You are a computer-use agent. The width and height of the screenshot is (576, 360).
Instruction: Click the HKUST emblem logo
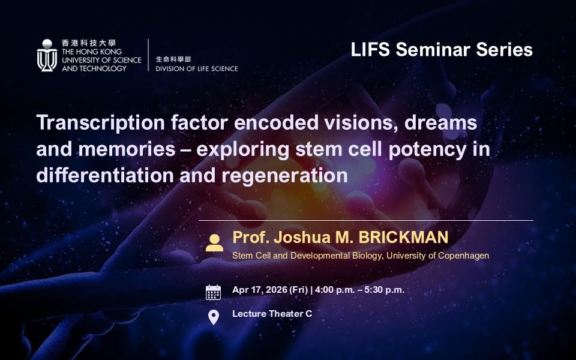(47, 55)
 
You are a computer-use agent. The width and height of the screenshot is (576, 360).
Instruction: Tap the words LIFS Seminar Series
(442, 50)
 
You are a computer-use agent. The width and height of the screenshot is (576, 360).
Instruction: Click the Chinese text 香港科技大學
(89, 43)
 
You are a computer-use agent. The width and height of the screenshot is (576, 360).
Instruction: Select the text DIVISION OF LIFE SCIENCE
(197, 68)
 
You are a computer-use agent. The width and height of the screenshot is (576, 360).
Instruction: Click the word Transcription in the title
(100, 122)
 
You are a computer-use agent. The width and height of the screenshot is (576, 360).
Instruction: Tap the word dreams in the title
(440, 122)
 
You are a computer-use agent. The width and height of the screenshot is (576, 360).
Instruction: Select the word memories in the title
(127, 149)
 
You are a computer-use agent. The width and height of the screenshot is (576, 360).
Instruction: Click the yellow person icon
(214, 243)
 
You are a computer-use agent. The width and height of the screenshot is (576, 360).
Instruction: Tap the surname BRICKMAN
(403, 238)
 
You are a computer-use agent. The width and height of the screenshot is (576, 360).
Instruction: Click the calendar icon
(213, 292)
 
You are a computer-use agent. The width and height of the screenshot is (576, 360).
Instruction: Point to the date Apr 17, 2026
(260, 290)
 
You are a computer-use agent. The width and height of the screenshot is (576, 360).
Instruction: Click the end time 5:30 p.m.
(384, 290)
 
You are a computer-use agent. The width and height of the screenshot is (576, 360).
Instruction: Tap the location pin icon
(214, 317)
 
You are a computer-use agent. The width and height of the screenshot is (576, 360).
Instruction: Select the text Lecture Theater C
(272, 314)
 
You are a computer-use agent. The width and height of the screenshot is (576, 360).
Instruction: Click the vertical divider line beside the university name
(148, 55)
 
